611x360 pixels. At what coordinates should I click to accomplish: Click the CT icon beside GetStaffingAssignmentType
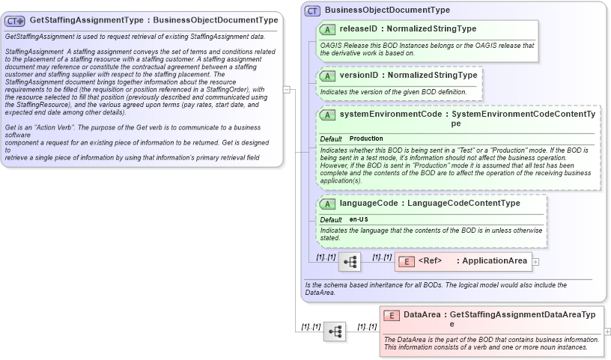tap(16, 20)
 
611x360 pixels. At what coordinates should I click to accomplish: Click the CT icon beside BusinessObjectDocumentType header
tap(313, 10)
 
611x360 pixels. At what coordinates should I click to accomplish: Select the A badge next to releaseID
tap(327, 29)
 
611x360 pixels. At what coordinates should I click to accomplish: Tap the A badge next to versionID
tap(327, 76)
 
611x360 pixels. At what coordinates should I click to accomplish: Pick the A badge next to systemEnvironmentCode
tap(327, 115)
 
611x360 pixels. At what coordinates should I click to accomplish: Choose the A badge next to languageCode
tap(327, 204)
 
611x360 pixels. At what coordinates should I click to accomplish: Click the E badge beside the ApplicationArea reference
tap(406, 261)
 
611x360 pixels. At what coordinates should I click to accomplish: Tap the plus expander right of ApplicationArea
tap(535, 262)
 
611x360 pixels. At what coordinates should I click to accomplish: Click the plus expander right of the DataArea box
tap(607, 331)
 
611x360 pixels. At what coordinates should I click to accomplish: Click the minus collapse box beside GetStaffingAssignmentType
tap(287, 88)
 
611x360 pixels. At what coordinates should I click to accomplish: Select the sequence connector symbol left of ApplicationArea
tap(350, 262)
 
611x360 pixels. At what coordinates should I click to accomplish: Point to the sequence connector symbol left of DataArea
tap(334, 331)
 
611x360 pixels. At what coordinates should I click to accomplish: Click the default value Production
tap(366, 139)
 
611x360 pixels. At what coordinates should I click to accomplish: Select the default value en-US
tap(360, 219)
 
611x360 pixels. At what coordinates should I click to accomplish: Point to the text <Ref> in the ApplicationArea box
tap(429, 261)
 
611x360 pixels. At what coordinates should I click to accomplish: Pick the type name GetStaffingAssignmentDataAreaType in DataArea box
tap(523, 315)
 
